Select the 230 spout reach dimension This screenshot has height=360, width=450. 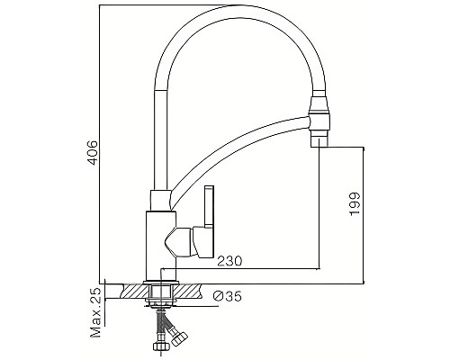tap(229, 261)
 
